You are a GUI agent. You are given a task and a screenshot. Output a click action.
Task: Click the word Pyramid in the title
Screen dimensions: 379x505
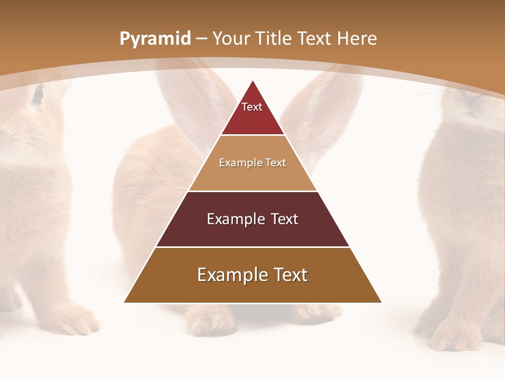pyautogui.click(x=155, y=39)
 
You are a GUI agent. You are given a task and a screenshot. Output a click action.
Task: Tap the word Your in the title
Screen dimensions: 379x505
pyautogui.click(x=231, y=39)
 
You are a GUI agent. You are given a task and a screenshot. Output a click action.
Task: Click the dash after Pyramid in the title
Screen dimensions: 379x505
pyautogui.click(x=201, y=39)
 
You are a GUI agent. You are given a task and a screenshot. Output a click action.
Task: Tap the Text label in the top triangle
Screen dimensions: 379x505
pyautogui.click(x=252, y=107)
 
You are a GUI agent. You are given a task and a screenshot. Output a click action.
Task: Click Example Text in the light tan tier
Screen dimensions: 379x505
pyautogui.click(x=252, y=163)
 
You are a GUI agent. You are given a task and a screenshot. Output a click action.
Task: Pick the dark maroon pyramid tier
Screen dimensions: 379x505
pyautogui.click(x=253, y=232)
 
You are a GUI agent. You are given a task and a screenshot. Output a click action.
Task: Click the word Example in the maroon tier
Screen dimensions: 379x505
pyautogui.click(x=232, y=219)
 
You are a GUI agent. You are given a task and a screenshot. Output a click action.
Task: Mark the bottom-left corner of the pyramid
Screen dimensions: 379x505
pyautogui.click(x=125, y=302)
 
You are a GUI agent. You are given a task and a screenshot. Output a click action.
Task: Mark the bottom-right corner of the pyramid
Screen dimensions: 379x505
pyautogui.click(x=381, y=302)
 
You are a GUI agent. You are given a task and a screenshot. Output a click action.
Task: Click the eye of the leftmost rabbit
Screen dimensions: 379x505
pyautogui.click(x=37, y=94)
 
